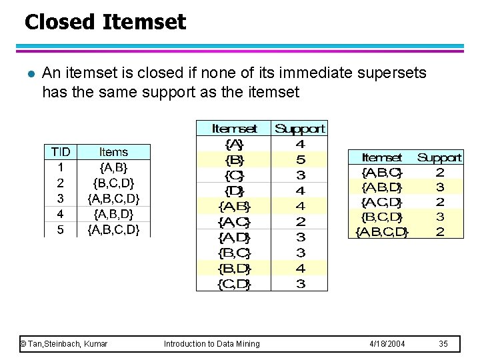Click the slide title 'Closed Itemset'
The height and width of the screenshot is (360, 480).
105,23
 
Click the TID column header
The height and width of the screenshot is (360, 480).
61,152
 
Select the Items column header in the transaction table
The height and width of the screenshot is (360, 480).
113,152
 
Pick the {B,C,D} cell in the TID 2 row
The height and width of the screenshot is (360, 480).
113,183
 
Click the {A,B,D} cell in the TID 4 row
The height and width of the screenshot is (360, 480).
113,214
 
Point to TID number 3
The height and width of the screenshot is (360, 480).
61,198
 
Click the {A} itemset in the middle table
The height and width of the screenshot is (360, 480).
234,144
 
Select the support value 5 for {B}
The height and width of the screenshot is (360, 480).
300,160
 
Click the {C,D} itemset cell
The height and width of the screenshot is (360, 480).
234,285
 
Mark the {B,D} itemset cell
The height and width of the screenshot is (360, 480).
234,269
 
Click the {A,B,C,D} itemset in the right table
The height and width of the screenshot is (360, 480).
381,232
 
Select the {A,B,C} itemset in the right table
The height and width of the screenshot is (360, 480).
381,173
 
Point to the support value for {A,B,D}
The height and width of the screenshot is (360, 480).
439,187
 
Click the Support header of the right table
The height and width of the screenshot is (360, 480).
439,158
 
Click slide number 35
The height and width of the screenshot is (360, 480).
443,343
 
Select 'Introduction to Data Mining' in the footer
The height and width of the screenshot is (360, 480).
212,343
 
